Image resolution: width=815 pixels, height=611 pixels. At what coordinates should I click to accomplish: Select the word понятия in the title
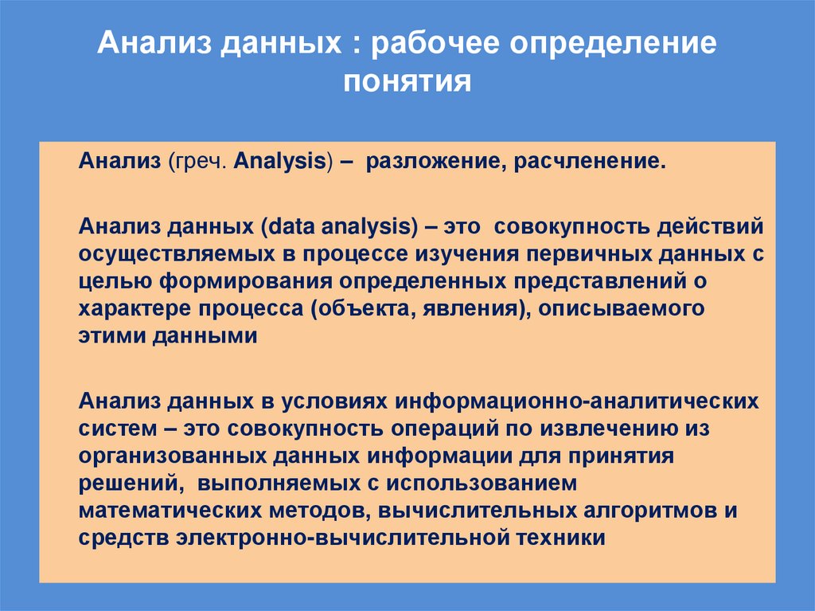coord(407,82)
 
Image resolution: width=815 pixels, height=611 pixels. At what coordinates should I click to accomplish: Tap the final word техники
coord(561,537)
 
